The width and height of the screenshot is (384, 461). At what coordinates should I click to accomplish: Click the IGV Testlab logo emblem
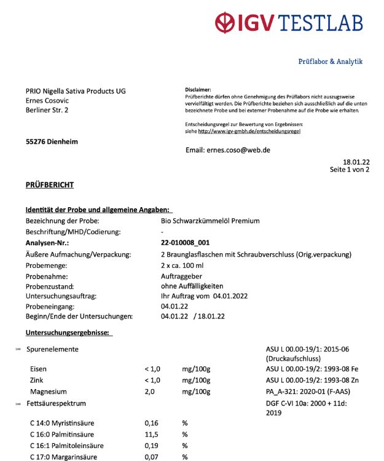[228, 23]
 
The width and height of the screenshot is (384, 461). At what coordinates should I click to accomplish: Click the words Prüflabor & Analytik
[330, 61]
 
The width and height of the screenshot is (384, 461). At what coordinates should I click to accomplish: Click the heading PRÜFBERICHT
[50, 185]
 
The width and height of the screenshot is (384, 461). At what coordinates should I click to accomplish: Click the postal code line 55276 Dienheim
[52, 142]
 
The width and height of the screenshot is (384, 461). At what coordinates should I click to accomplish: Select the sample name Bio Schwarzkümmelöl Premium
[210, 221]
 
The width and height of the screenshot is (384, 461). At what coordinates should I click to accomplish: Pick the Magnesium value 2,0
[150, 392]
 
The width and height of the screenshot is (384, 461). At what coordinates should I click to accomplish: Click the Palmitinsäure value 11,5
[151, 434]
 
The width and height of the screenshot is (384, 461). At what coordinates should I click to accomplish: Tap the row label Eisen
[38, 369]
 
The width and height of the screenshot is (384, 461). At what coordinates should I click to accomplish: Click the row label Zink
[37, 380]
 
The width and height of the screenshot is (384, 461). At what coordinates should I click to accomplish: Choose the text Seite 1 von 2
[349, 170]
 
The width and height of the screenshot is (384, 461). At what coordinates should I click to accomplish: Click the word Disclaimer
[198, 90]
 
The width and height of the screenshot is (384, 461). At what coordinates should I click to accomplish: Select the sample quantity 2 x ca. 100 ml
[186, 266]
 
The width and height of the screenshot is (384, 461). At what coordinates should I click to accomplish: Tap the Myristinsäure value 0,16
[151, 423]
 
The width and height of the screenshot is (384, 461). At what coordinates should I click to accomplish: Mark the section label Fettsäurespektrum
[56, 403]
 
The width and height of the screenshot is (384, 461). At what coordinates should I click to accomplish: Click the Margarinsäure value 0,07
[151, 457]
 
